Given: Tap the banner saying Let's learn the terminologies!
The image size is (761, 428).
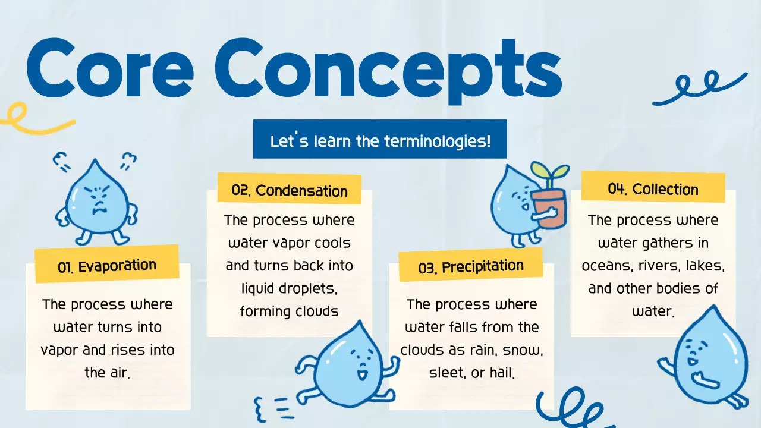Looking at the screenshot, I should [380, 141].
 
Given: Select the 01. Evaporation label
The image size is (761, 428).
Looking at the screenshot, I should [107, 266].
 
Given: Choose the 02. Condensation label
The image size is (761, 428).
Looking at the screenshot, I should [290, 190].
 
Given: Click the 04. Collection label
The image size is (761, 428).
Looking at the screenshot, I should [653, 189].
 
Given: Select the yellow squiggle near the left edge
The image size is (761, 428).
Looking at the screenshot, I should [30, 118].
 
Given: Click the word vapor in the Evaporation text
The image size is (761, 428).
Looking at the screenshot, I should [58, 350].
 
